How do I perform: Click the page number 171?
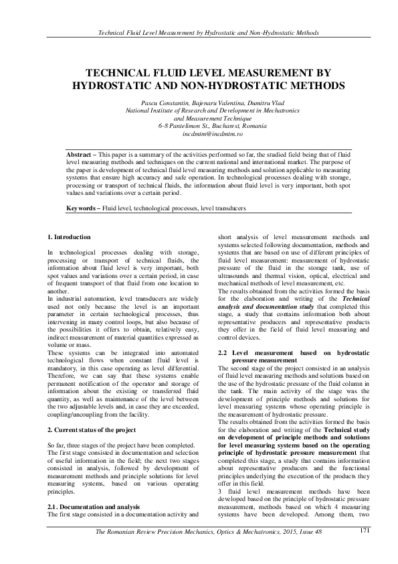pos(365,531)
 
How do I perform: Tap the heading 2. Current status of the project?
pos(92,429)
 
